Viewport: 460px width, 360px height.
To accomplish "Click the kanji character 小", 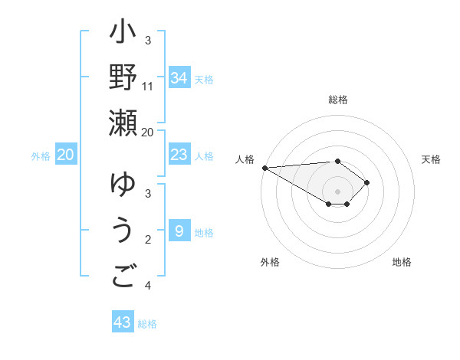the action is pyautogui.click(x=123, y=34).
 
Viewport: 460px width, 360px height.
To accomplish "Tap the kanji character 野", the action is pyautogui.click(x=123, y=78).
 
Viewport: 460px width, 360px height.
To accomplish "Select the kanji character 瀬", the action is pyautogui.click(x=123, y=123).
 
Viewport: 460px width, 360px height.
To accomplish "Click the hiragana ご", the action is pyautogui.click(x=123, y=276).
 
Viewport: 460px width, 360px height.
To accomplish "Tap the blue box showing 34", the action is pyautogui.click(x=179, y=77).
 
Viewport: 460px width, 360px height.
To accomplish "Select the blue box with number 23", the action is pyautogui.click(x=179, y=155).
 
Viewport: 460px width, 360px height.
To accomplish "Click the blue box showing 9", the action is pyautogui.click(x=179, y=231).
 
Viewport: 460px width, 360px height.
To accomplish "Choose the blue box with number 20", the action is pyautogui.click(x=65, y=155).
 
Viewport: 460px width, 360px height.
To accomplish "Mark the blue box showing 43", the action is pyautogui.click(x=123, y=322).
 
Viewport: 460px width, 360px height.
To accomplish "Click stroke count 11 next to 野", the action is pyautogui.click(x=148, y=86).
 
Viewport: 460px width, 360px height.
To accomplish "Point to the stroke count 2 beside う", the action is pyautogui.click(x=148, y=240).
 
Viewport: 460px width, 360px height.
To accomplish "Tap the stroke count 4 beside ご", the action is pyautogui.click(x=148, y=286).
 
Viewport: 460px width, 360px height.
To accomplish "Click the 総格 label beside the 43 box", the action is pyautogui.click(x=147, y=324).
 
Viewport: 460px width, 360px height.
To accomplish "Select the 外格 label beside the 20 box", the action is pyautogui.click(x=41, y=156).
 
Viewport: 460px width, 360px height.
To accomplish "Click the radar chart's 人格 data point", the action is pyautogui.click(x=264, y=168).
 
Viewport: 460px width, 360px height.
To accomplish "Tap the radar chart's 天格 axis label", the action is pyautogui.click(x=431, y=159).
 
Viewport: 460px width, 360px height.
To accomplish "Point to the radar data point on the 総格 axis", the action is pyautogui.click(x=337, y=161).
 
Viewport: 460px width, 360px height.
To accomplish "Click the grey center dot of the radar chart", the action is pyautogui.click(x=337, y=191).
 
